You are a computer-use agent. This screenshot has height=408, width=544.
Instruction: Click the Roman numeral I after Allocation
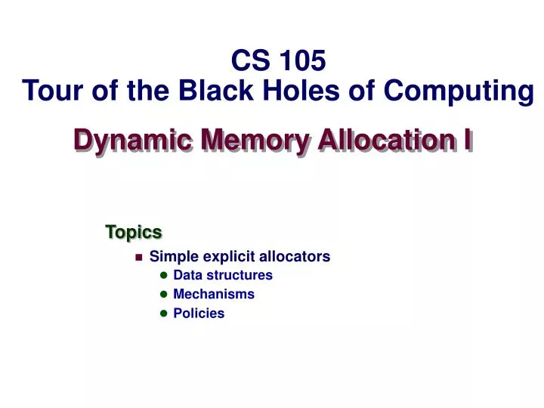pyautogui.click(x=468, y=140)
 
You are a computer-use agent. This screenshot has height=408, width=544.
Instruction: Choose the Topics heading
pyautogui.click(x=133, y=231)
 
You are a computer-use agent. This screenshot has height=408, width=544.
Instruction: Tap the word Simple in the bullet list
pyautogui.click(x=171, y=257)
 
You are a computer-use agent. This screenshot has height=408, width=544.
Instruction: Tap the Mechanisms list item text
pyautogui.click(x=214, y=294)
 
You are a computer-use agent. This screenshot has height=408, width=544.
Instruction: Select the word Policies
pyautogui.click(x=199, y=313)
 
